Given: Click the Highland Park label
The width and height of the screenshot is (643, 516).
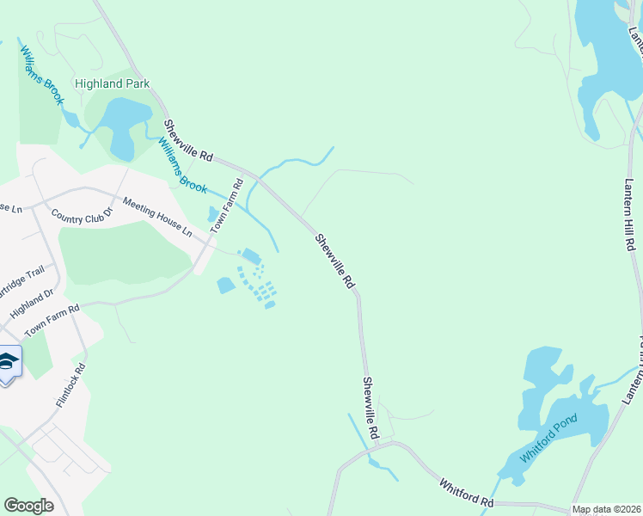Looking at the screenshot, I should [x=112, y=84].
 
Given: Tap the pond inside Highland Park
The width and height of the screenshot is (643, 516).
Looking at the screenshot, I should [x=126, y=127].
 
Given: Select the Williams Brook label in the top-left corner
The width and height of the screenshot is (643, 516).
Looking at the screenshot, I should [x=42, y=75].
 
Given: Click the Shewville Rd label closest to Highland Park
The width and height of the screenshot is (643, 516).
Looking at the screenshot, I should [x=189, y=142].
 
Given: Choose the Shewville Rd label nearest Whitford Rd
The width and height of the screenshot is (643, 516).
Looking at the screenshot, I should [x=370, y=408].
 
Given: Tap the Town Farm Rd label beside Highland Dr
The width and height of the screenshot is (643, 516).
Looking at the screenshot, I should [x=52, y=320].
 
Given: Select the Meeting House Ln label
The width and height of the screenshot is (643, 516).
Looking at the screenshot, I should [x=157, y=217].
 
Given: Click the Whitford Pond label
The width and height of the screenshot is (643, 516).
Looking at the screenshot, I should [x=549, y=437].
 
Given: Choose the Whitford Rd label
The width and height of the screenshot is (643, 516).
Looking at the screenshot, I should [x=467, y=494].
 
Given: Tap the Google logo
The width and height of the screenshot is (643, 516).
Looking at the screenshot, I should [x=28, y=505].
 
